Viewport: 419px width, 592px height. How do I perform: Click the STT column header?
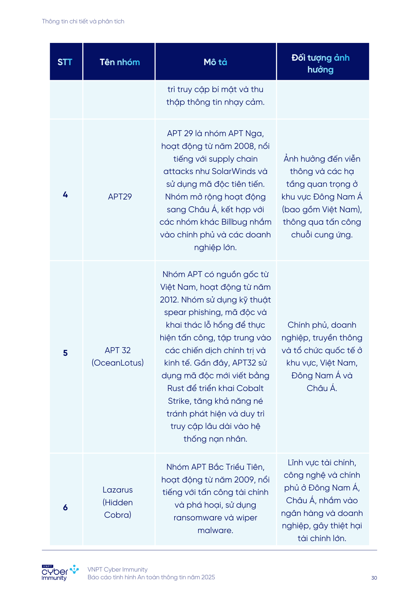65,62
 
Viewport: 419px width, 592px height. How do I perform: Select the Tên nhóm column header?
120,62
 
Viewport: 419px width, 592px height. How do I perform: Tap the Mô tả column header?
215,62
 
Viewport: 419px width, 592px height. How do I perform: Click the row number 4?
65,195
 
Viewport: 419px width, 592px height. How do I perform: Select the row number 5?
65,353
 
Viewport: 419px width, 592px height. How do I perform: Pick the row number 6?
65,507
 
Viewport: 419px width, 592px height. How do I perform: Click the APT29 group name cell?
120,197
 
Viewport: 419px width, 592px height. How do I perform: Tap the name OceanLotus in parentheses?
118,363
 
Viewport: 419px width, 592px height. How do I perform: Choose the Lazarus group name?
118,490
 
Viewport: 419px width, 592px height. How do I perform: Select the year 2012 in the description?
169,300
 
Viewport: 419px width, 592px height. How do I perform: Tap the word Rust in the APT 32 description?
176,388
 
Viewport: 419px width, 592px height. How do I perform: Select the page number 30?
374,578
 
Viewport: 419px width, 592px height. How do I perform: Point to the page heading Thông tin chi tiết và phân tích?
83,22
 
